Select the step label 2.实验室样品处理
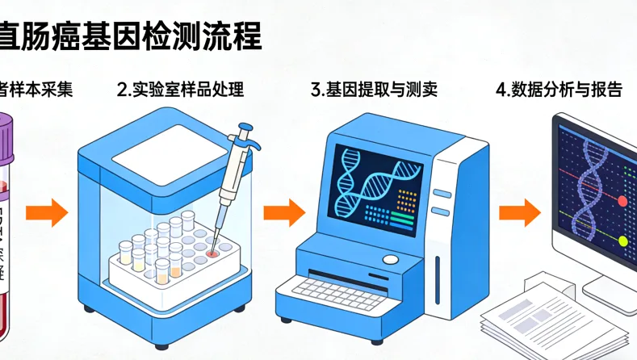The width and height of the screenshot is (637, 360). (x=180, y=90)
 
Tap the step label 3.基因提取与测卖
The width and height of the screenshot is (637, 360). (x=374, y=90)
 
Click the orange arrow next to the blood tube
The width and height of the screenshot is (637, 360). (x=46, y=213)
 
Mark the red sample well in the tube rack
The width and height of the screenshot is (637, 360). (x=211, y=253)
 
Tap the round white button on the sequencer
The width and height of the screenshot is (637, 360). (x=391, y=259)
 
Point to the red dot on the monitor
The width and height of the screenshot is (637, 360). (x=622, y=199)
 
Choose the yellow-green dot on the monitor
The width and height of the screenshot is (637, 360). (x=622, y=241)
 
